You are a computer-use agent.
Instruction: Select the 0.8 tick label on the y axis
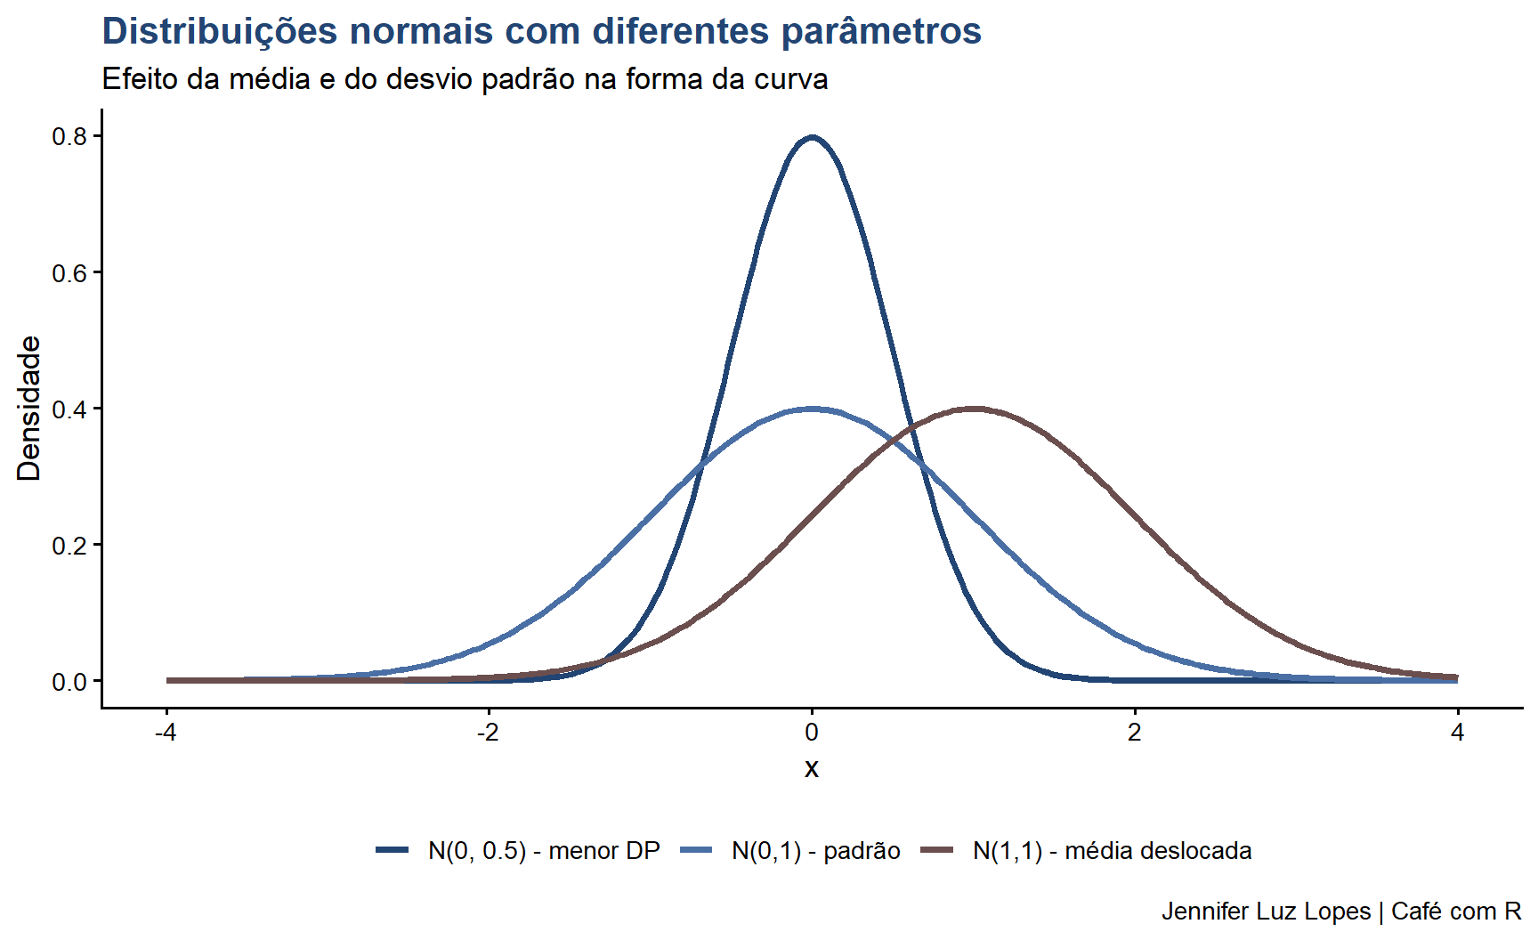coord(69,136)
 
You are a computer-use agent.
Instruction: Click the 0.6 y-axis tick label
coord(69,272)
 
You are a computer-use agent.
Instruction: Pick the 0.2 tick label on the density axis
coord(69,545)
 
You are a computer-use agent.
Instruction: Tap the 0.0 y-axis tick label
coord(69,682)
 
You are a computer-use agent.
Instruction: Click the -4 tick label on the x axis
coord(166,733)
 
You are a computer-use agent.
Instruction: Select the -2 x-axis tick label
coord(488,733)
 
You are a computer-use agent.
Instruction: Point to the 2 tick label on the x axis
coord(1134,733)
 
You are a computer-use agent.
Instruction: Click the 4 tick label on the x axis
coord(1457,733)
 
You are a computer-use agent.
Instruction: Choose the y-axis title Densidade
coord(29,409)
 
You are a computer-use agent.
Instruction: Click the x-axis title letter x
coord(811,768)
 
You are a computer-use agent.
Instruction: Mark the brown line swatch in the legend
coord(936,850)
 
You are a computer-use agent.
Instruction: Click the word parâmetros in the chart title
coord(881,32)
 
